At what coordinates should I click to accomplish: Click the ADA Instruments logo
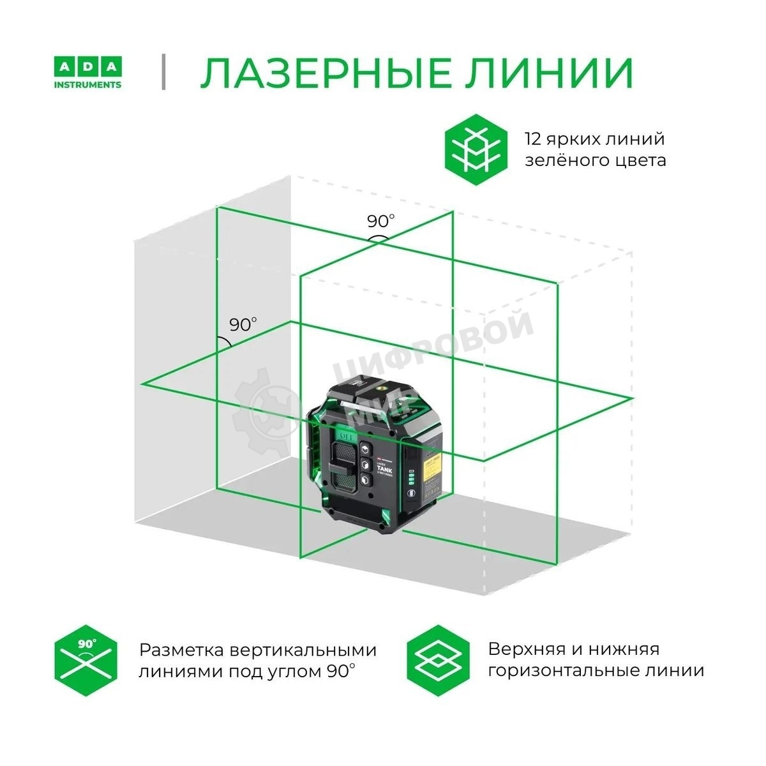(87, 73)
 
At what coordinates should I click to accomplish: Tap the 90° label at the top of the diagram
(380, 222)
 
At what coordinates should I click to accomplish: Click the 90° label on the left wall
(243, 324)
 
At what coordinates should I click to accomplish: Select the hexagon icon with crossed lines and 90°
(86, 661)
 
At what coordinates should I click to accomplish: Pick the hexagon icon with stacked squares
(438, 659)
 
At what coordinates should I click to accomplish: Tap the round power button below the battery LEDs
(411, 493)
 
